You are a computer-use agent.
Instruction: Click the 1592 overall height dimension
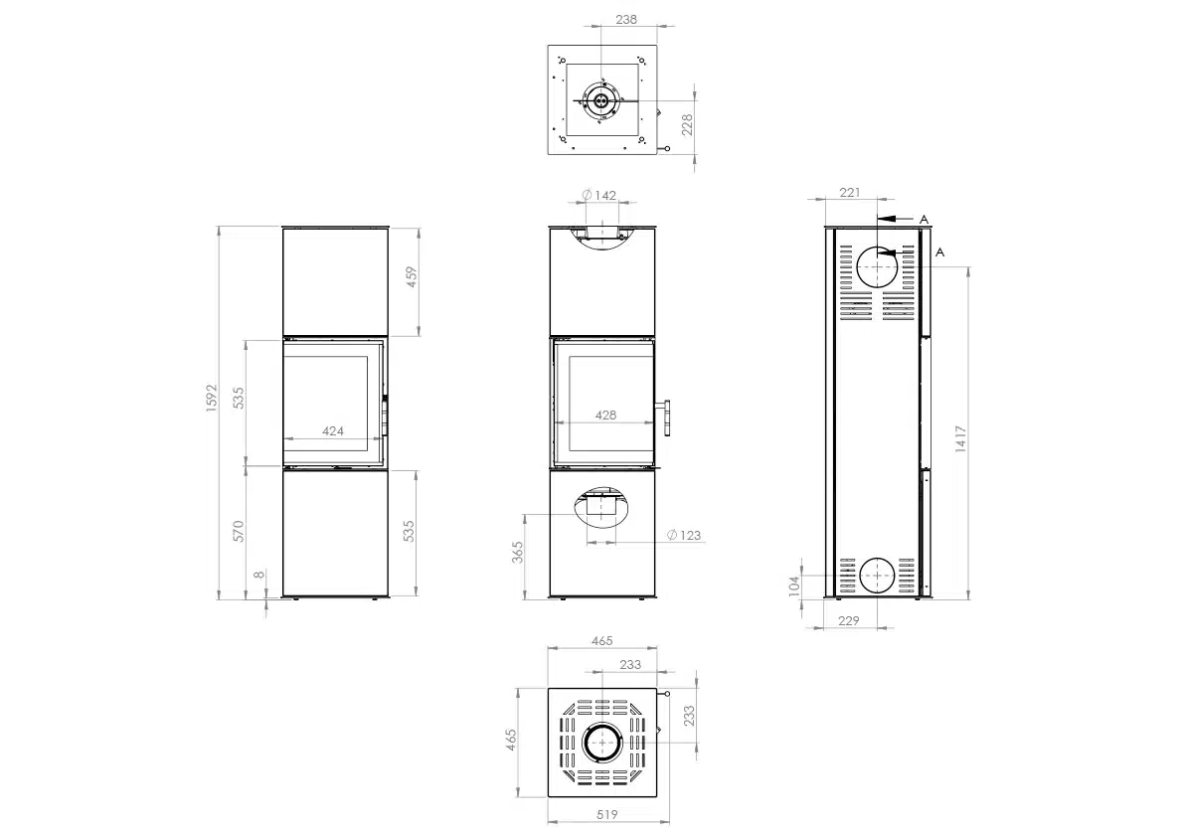pyautogui.click(x=212, y=397)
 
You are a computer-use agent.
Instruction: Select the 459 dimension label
pyautogui.click(x=412, y=277)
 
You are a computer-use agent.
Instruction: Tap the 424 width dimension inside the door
pyautogui.click(x=333, y=431)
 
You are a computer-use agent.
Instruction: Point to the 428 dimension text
pyautogui.click(x=605, y=416)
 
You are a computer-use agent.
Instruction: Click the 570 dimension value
pyautogui.click(x=239, y=531)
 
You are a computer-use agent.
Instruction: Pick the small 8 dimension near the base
pyautogui.click(x=259, y=575)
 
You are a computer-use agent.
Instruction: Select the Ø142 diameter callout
pyautogui.click(x=598, y=196)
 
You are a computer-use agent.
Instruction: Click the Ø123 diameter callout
pyautogui.click(x=684, y=535)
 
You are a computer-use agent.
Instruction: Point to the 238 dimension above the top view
pyautogui.click(x=626, y=20)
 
